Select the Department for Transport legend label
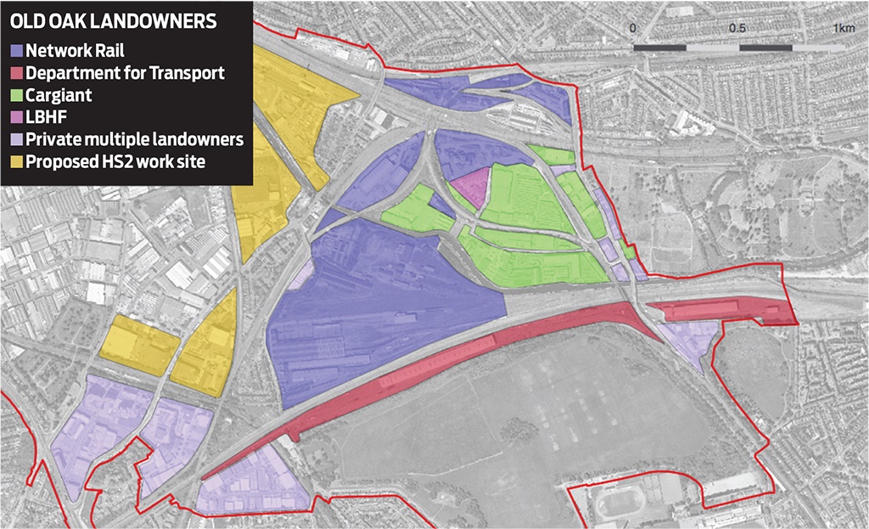point(125,73)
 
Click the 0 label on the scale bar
point(633,28)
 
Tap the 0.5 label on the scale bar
point(737,28)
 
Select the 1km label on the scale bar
point(844,28)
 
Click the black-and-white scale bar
point(738,48)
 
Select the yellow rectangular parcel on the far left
point(138,346)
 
